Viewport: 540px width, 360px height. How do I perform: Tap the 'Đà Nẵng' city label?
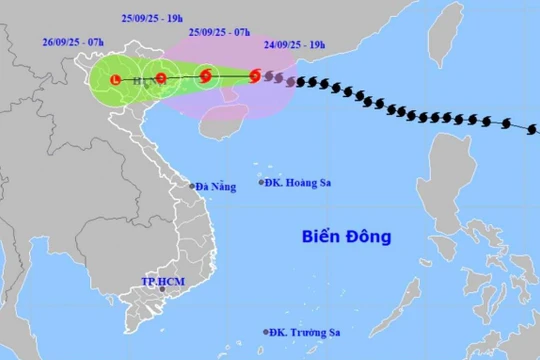216,187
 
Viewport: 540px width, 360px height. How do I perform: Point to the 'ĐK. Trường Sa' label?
308,332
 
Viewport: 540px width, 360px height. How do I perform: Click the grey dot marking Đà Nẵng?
193,186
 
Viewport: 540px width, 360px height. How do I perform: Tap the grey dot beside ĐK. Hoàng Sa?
263,182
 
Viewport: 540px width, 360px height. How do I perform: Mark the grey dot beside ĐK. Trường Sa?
266,332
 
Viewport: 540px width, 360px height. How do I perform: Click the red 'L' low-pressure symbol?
115,78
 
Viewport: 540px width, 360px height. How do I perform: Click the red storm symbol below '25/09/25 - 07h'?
206,75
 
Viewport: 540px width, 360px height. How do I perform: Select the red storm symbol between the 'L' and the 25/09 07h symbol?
161,77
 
